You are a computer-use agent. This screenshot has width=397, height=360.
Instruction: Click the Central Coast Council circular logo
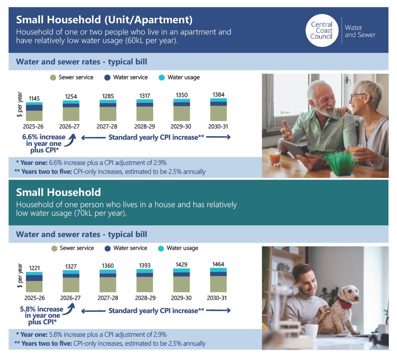click(x=322, y=30)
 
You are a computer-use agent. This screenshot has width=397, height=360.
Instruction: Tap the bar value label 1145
click(x=34, y=99)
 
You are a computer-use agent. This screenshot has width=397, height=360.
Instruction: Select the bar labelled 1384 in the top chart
click(x=219, y=109)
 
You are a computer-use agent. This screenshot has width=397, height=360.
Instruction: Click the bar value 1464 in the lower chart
click(x=218, y=264)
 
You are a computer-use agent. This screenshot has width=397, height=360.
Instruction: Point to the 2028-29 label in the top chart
click(x=145, y=126)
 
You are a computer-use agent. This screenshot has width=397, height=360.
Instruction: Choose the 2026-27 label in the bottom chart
click(x=71, y=298)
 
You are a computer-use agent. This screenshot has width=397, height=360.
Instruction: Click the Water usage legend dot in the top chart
click(x=162, y=78)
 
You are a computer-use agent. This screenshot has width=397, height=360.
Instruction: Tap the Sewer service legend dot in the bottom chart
click(x=54, y=249)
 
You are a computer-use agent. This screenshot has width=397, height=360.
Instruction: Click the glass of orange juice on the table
click(x=275, y=157)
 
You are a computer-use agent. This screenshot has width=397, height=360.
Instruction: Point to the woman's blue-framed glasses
click(x=358, y=97)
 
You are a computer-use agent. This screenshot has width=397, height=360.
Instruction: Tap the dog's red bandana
click(x=345, y=303)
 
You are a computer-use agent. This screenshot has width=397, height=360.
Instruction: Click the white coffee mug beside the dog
click(x=310, y=331)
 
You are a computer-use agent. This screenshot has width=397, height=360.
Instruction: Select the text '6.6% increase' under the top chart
click(x=44, y=137)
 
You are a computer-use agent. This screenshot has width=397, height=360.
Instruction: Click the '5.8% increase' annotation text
click(x=41, y=309)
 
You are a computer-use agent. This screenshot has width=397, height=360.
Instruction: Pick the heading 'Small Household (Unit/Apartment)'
click(x=104, y=20)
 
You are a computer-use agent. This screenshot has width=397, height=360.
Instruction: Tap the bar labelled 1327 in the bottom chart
click(x=71, y=281)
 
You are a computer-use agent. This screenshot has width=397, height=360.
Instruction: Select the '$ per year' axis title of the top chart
click(x=20, y=104)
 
